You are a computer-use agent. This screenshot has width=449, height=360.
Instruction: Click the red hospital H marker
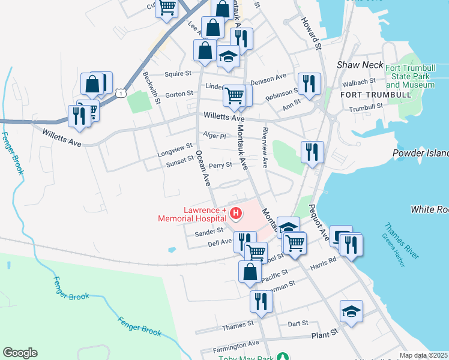coord(236,213)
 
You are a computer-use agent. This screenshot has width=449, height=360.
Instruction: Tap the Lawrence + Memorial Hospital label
coord(193,215)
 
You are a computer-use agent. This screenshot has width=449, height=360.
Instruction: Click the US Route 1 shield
coord(121,92)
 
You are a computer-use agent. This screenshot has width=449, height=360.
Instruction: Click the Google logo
coord(20,353)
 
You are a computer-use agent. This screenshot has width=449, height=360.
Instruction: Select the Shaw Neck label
coord(352,64)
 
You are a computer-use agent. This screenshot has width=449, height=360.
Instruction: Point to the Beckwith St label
coord(152,88)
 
